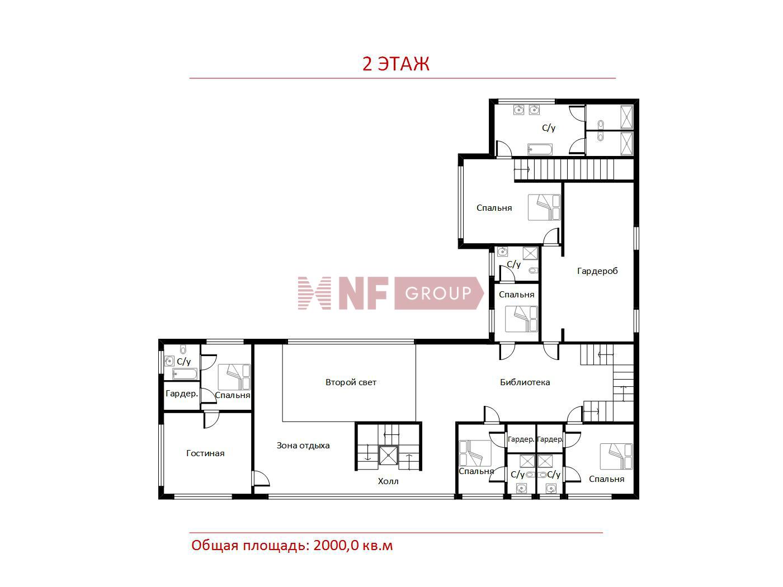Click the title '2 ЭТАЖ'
tap(396, 64)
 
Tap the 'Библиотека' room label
tap(525, 382)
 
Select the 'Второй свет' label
tap(351, 382)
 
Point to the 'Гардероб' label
tap(597, 271)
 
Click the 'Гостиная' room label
tap(205, 453)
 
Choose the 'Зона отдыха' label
tap(303, 446)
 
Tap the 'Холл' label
tap(388, 481)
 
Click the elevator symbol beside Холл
tap(388, 456)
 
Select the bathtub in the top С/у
tap(540, 149)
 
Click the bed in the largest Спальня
tap(544, 207)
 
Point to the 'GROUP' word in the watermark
tap(438, 293)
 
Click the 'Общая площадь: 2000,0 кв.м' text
tap(292, 545)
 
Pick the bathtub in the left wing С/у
tap(185, 374)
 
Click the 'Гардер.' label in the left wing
tap(182, 394)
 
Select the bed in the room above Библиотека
tap(521, 319)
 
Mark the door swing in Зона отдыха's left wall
tap(261, 479)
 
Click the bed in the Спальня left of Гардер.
tap(474, 453)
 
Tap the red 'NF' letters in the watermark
tap(363, 293)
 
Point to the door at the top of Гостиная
tap(211, 419)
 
